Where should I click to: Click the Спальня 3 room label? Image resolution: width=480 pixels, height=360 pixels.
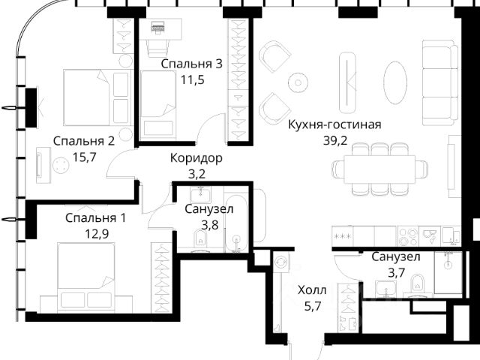pyautogui.click(x=192, y=64)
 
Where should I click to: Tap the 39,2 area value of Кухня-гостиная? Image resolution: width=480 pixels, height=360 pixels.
pyautogui.click(x=335, y=141)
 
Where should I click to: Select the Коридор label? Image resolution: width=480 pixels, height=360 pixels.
pyautogui.click(x=196, y=158)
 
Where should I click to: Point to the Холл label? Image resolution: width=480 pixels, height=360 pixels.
pyautogui.click(x=312, y=290)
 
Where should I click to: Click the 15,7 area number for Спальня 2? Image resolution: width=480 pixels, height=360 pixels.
pyautogui.click(x=85, y=157)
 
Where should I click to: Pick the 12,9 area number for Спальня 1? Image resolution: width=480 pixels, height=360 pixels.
pyautogui.click(x=97, y=235)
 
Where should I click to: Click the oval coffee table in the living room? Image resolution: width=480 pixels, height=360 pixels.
pyautogui.click(x=395, y=82)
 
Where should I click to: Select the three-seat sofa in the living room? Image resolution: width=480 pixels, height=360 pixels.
pyautogui.click(x=440, y=82)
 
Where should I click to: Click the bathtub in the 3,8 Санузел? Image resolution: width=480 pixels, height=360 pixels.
pyautogui.click(x=235, y=223)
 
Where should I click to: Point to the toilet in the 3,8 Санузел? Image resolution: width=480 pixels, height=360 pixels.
pyautogui.click(x=200, y=239)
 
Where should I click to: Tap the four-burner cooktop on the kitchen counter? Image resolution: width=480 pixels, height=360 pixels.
pyautogui.click(x=409, y=236)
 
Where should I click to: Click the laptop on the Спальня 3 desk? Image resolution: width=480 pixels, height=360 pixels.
pyautogui.click(x=158, y=26)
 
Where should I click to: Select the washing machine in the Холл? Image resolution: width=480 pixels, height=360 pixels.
pyautogui.click(x=281, y=262)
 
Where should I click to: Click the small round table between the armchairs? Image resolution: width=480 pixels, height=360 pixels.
pyautogui.click(x=298, y=82)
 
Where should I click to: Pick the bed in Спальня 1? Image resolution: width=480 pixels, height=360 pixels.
pyautogui.click(x=86, y=277)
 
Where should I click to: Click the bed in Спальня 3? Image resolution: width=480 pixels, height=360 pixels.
pyautogui.click(x=158, y=104)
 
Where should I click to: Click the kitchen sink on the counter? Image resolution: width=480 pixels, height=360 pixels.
pyautogui.click(x=430, y=235)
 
